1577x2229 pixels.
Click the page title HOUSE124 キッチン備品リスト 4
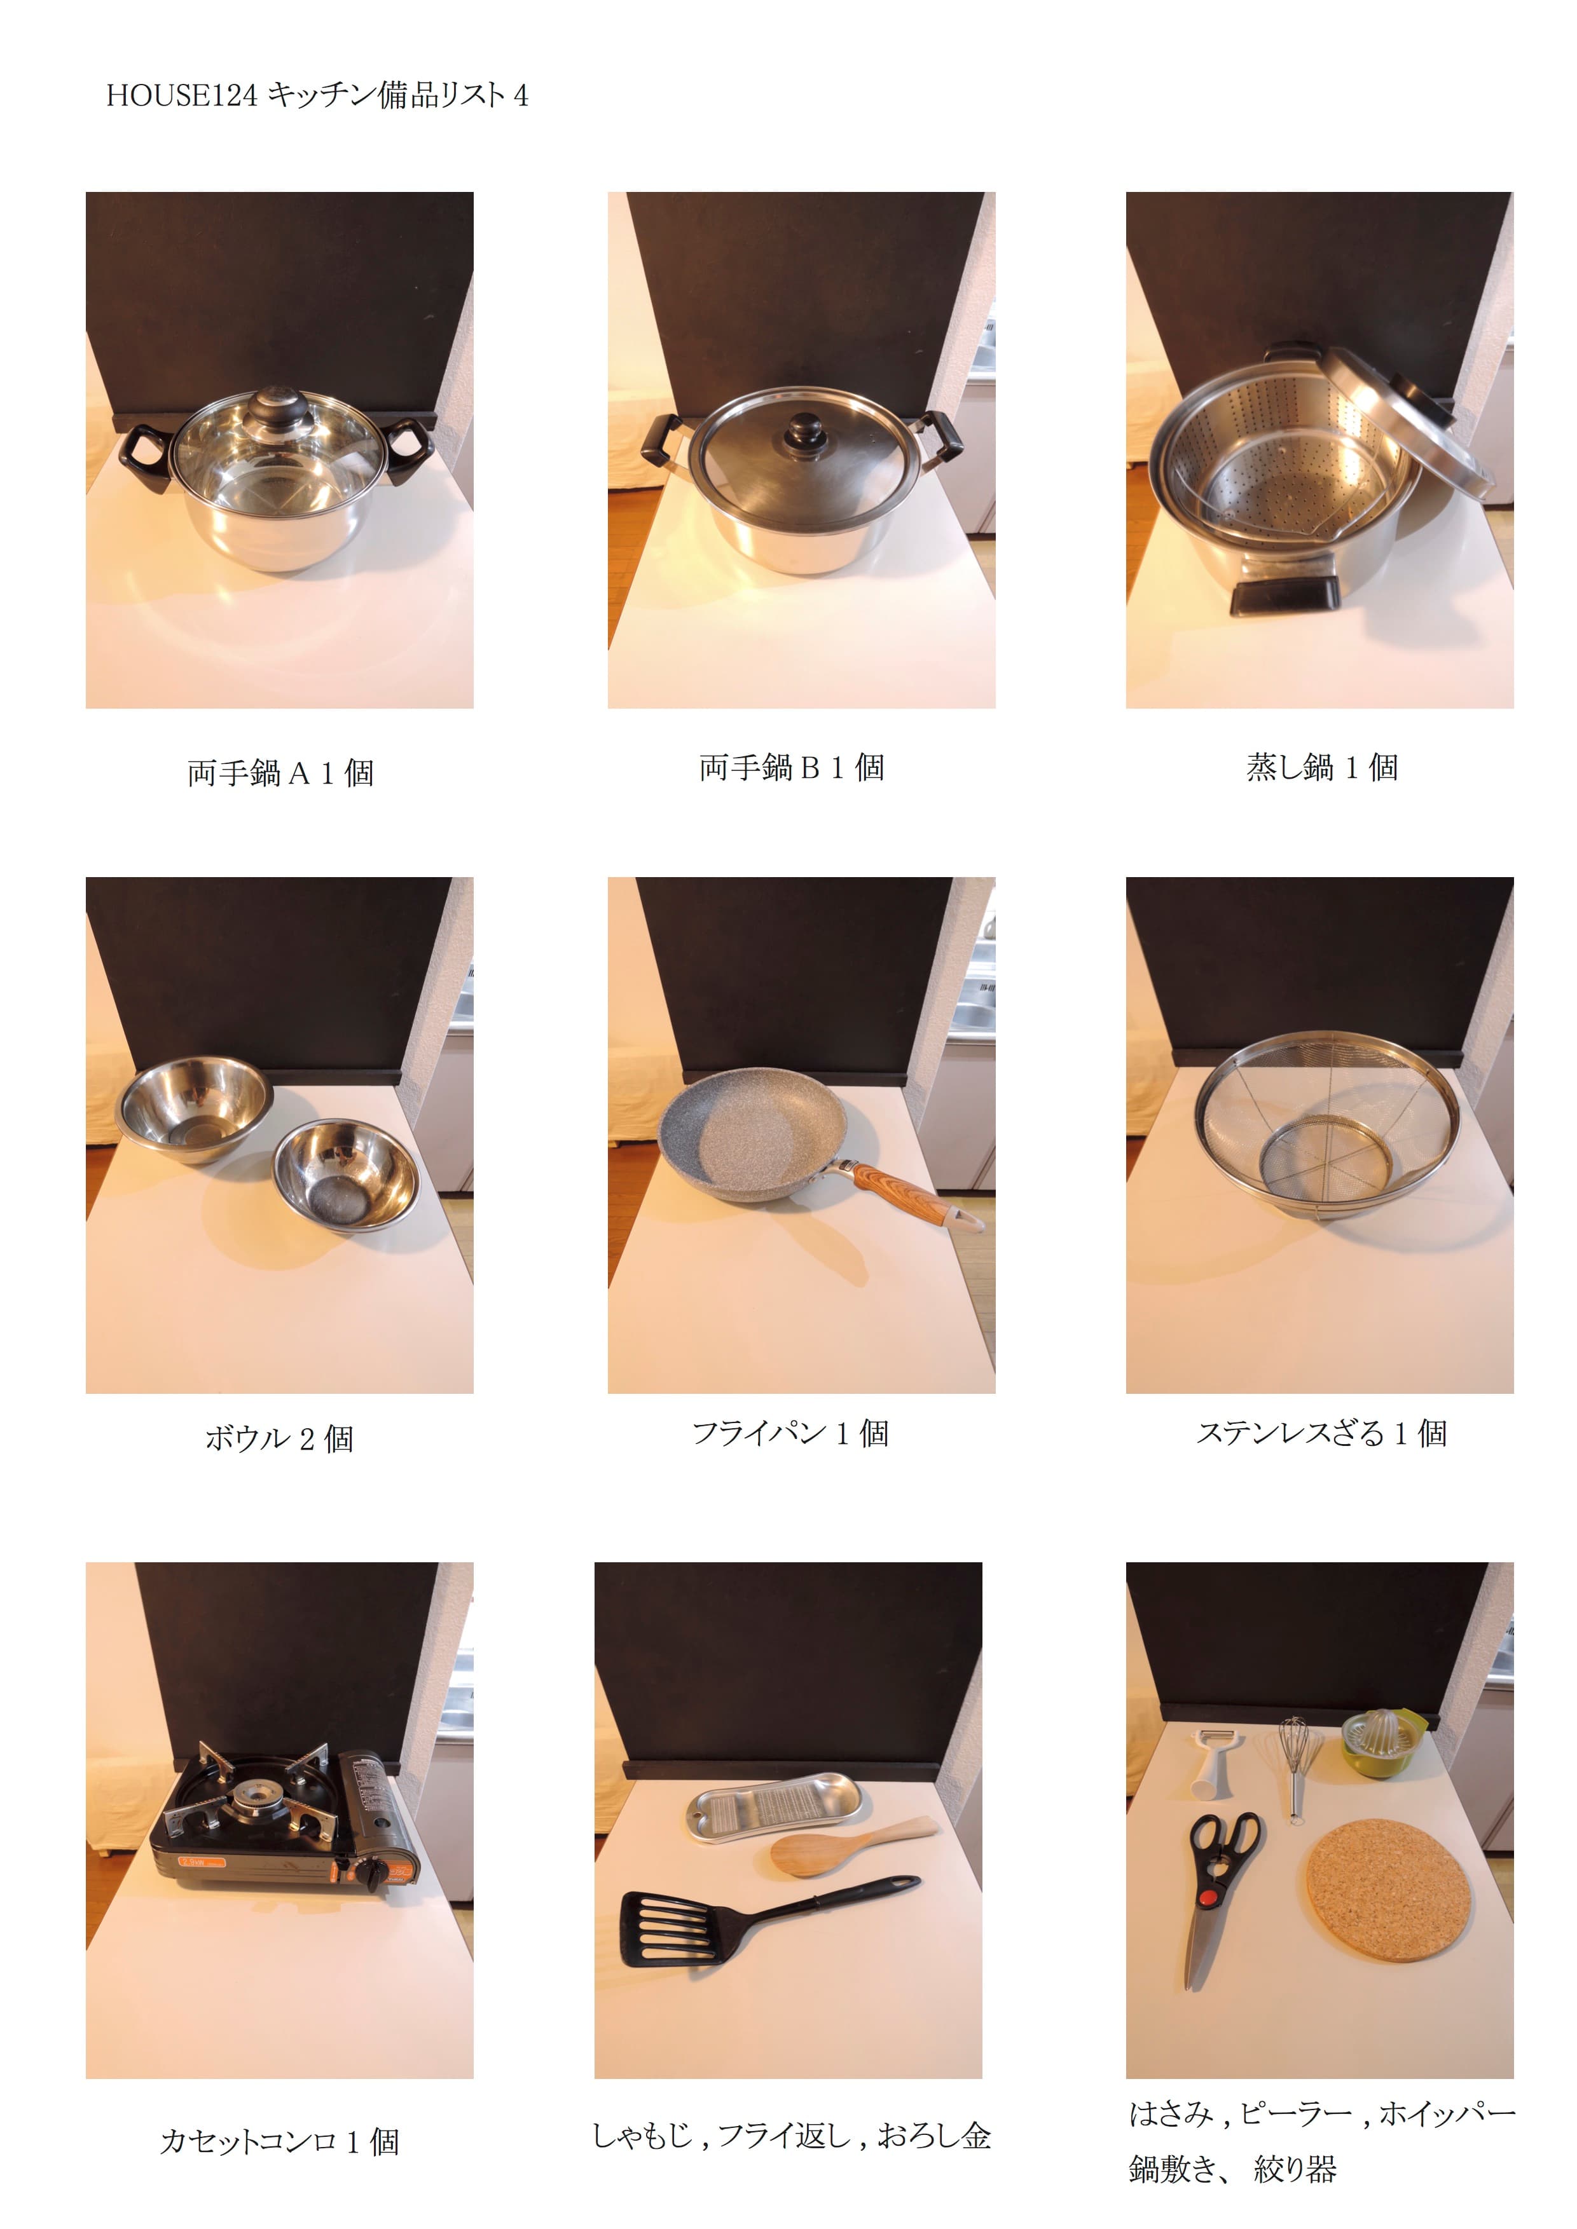(x=317, y=95)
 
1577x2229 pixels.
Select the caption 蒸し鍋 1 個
(x=1321, y=767)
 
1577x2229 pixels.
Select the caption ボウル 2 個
(x=280, y=1437)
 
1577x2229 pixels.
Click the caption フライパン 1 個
(x=790, y=1432)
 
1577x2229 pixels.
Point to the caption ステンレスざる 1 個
(x=1321, y=1432)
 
